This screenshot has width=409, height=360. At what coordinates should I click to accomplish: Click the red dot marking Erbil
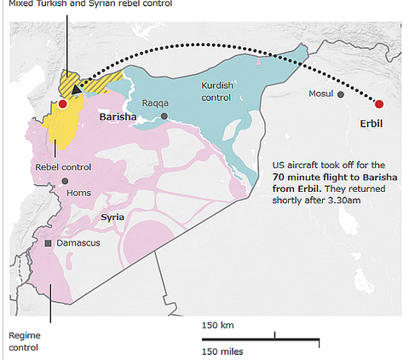coord(379,104)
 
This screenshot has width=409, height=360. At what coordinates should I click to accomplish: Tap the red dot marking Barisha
coord(62,104)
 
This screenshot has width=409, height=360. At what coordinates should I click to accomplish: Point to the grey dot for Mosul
coord(341,95)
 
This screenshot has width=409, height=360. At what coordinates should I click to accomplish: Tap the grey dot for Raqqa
coord(164,116)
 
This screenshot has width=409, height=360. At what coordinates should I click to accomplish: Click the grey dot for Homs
coord(65,181)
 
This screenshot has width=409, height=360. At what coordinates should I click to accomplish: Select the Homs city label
coord(78,193)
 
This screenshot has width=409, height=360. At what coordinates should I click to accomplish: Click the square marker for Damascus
coord(49,243)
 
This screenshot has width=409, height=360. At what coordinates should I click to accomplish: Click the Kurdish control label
coord(218,91)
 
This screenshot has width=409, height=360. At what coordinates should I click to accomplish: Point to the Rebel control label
coord(63,166)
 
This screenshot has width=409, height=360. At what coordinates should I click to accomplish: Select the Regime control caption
coord(24,341)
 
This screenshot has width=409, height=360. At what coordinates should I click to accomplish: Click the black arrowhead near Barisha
coord(76,88)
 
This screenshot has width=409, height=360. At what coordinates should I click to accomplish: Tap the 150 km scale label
coord(218,325)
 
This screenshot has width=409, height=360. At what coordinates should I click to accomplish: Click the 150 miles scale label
coord(222,351)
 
